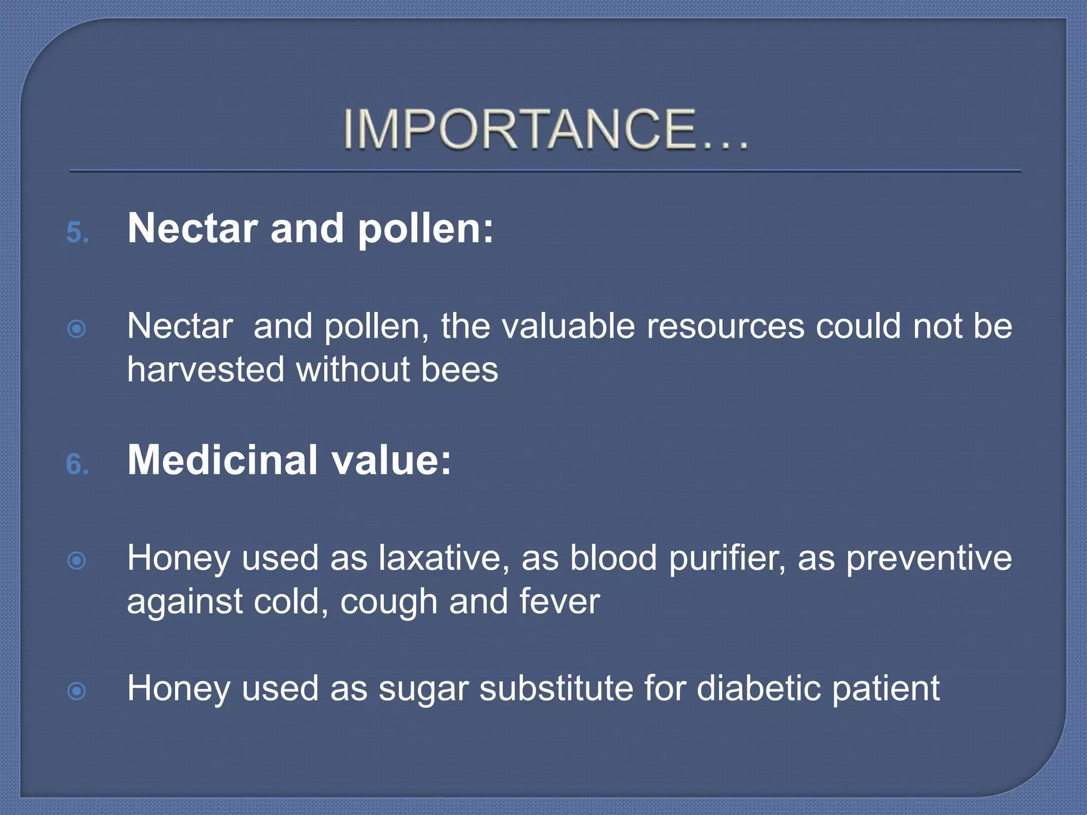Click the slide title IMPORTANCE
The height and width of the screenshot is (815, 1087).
[545, 129]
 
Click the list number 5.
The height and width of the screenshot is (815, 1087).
[77, 233]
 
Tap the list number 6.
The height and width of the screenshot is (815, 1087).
[77, 464]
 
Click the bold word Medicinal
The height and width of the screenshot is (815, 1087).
[223, 460]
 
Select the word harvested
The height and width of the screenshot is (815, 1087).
[206, 369]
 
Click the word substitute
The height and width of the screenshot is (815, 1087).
[556, 689]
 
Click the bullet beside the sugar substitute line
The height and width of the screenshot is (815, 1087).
[77, 691]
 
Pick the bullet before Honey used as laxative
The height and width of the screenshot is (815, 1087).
[77, 561]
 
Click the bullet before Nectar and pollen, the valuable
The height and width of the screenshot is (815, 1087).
[77, 329]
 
